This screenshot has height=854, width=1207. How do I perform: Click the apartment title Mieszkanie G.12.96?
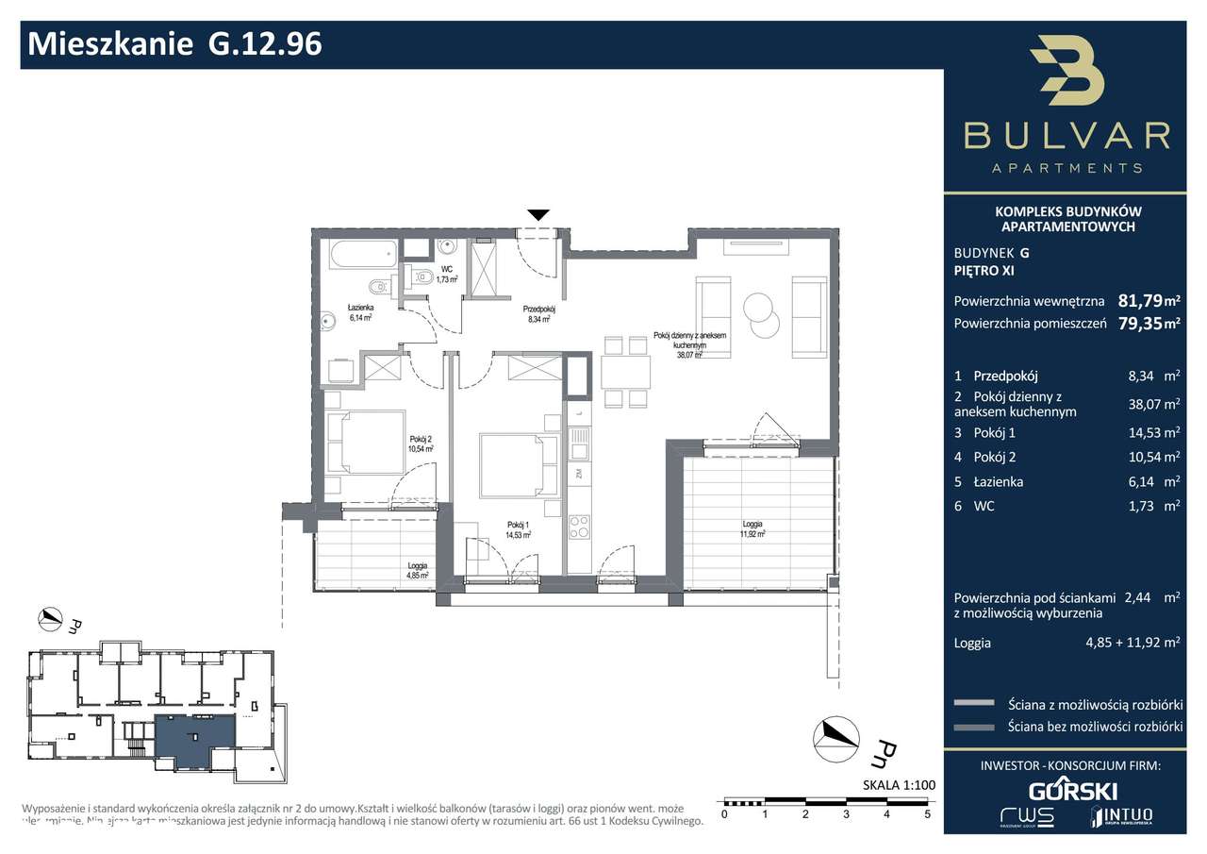pos(175,43)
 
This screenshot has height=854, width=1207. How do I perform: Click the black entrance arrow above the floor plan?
pos(537,215)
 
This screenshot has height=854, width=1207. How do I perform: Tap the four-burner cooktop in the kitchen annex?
pos(579,526)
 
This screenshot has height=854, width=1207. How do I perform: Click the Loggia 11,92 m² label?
pos(752,529)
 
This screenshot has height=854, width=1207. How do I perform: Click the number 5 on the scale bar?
pos(927,812)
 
